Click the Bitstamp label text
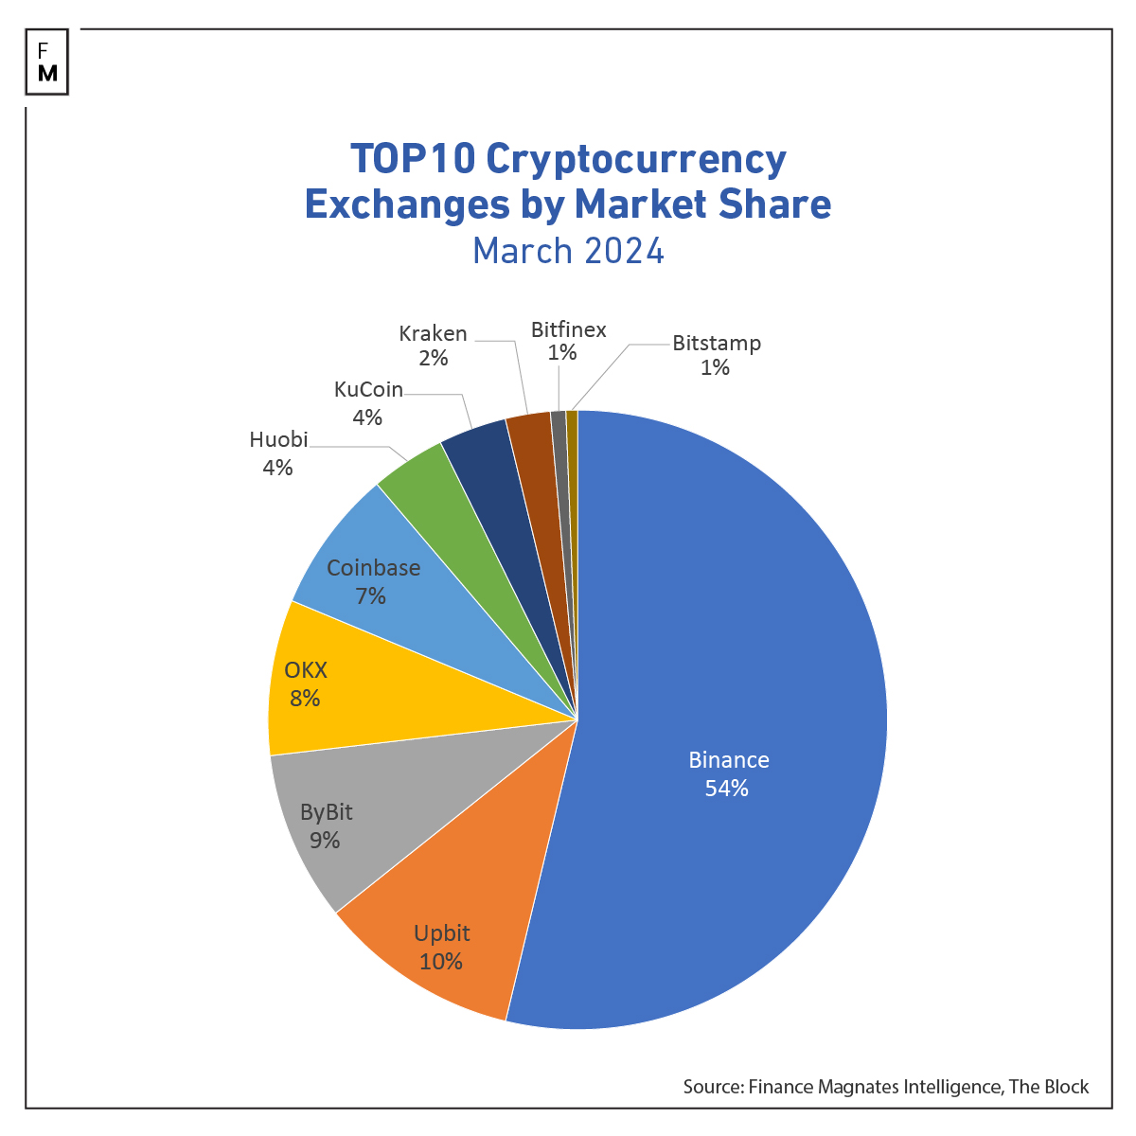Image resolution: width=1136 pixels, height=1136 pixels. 717,343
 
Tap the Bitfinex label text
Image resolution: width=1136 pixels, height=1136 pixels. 568,329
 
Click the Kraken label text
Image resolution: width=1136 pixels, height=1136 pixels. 433,333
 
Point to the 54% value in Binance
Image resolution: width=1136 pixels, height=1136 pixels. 727,789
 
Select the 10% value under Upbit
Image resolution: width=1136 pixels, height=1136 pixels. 441,962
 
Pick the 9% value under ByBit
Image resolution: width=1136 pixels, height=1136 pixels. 325,841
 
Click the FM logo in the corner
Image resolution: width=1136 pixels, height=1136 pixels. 47,62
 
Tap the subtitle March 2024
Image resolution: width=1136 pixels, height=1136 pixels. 568,251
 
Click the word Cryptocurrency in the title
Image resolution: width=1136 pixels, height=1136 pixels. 635,159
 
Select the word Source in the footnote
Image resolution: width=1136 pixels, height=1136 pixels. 712,1087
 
